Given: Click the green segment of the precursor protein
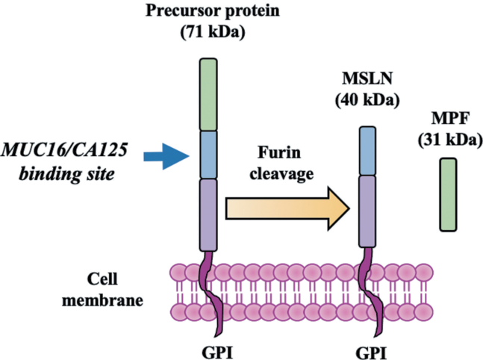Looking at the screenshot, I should (208, 94).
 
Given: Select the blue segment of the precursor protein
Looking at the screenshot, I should (208, 155).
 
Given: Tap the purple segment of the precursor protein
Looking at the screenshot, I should (208, 214).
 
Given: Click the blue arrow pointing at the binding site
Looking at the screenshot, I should (165, 156).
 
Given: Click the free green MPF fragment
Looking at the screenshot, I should (448, 193).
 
